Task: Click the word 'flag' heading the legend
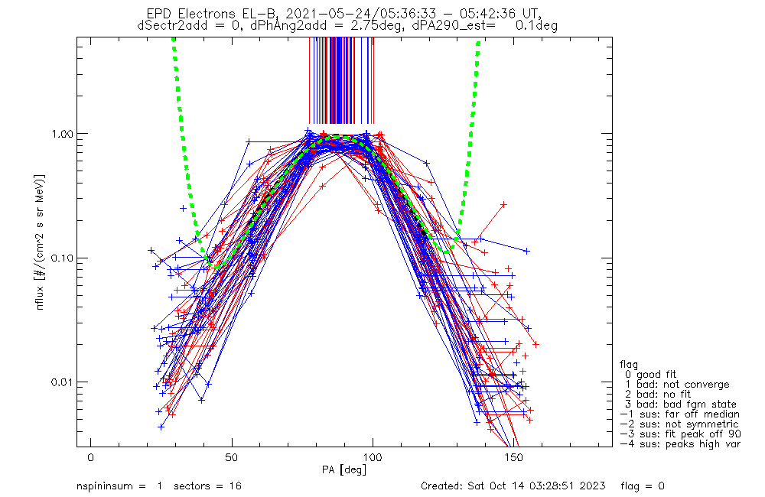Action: [x=630, y=365]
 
